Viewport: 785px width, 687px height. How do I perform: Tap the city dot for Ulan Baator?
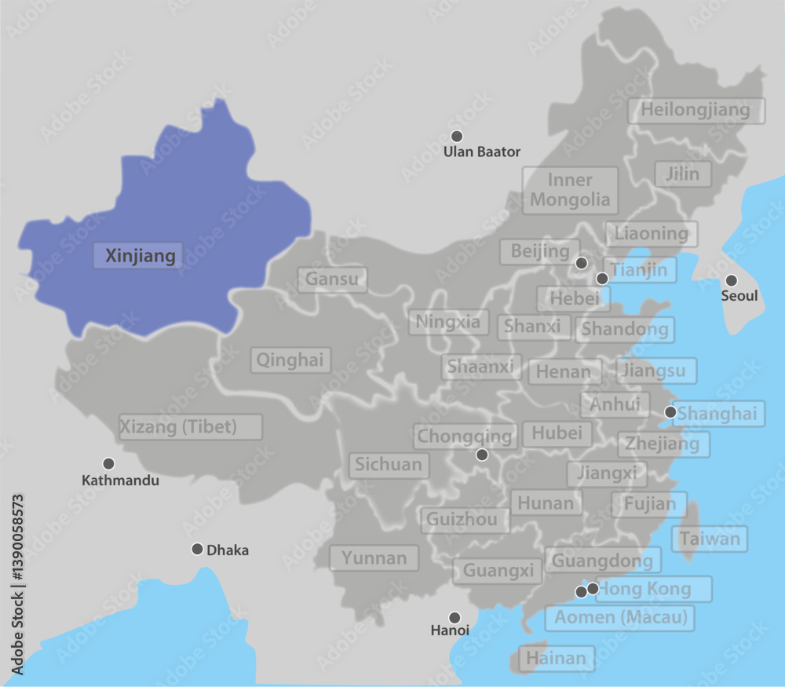(457, 137)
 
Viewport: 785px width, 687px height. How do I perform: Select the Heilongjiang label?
(696, 110)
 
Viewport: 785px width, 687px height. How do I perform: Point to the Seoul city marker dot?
(731, 280)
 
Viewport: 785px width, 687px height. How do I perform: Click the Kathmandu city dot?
(108, 463)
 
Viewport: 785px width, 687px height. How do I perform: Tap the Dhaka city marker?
(197, 549)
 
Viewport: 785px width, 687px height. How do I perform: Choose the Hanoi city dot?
(454, 617)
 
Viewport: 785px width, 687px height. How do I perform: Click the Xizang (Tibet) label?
(189, 427)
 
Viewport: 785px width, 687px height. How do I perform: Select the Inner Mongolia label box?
(570, 190)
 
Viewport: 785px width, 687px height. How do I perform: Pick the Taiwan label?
(710, 539)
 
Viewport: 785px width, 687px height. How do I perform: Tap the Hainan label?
(556, 658)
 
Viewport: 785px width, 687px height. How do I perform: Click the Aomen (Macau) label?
(621, 617)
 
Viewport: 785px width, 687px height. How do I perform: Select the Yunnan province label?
(374, 558)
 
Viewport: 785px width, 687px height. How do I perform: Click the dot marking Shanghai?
(670, 411)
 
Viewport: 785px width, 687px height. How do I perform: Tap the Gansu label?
(331, 279)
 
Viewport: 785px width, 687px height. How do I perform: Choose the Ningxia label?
(448, 321)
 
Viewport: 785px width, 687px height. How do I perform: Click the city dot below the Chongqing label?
(482, 455)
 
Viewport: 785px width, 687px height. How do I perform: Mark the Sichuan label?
(389, 465)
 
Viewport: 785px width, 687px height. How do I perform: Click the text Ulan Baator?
(482, 152)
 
